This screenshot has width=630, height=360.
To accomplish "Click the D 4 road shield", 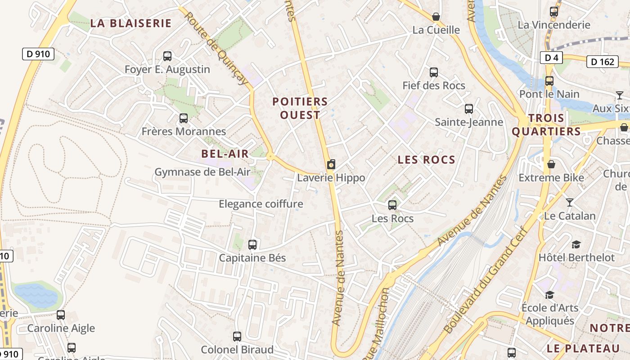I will point(551,58).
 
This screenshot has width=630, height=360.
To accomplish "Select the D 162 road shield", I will point(602,62).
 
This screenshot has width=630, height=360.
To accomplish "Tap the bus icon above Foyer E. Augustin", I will point(167,56).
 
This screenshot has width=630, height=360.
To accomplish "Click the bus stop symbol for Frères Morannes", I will point(184,118).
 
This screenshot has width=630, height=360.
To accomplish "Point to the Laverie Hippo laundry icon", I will point(331,165).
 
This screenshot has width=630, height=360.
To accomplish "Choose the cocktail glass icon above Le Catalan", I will point(570,202).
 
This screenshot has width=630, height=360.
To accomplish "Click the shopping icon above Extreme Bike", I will point(551,164).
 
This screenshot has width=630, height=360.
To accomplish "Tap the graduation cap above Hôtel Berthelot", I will point(576,244).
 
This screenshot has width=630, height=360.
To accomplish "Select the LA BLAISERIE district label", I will point(131,23).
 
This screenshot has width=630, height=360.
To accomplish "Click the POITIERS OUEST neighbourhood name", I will point(300,108).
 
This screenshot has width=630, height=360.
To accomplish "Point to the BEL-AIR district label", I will point(225,153).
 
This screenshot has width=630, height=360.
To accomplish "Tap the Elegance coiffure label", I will point(261,204).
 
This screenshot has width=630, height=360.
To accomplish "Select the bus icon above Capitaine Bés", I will point(252,245).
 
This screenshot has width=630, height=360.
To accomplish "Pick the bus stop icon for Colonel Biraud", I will point(237,337).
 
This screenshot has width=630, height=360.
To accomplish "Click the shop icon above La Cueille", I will point(436,17).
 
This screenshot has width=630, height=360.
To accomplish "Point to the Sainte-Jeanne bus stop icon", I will point(469,109).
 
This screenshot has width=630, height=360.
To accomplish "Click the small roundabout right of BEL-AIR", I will point(270,156).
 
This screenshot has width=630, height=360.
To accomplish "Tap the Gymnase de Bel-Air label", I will point(202,172).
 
